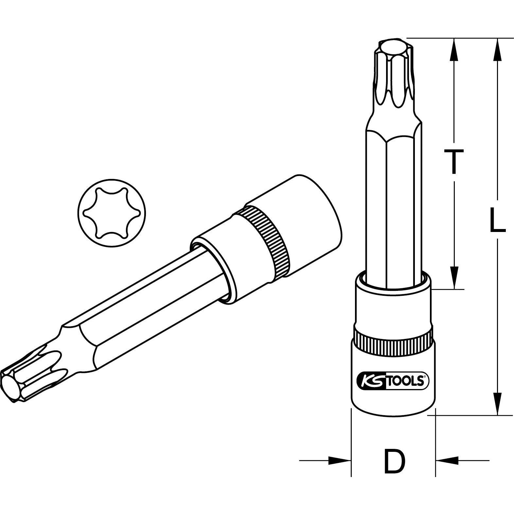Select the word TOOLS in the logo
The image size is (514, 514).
coord(406,382)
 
